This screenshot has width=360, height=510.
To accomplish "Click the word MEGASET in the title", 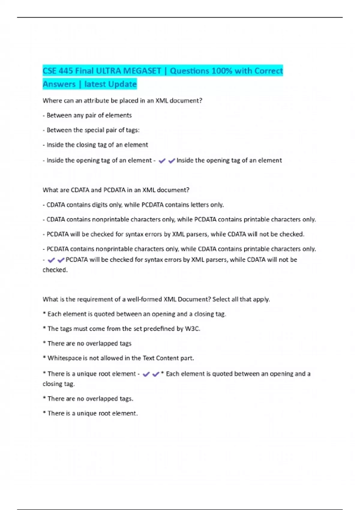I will pyautogui.click(x=142, y=71).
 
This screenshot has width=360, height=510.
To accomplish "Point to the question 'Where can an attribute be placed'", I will pyautogui.click(x=122, y=100).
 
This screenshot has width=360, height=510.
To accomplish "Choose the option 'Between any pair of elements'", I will pyautogui.click(x=89, y=115).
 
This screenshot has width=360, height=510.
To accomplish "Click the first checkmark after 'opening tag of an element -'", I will pyautogui.click(x=162, y=161).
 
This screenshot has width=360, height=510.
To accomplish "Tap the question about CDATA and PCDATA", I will pyautogui.click(x=116, y=190).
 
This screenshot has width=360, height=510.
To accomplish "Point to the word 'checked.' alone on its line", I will pyautogui.click(x=55, y=270).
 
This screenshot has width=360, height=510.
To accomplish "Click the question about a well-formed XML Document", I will pyautogui.click(x=156, y=299).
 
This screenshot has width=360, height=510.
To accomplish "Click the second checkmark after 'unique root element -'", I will pyautogui.click(x=156, y=374).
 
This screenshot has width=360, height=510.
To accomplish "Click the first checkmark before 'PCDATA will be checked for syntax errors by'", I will pyautogui.click(x=51, y=260).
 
